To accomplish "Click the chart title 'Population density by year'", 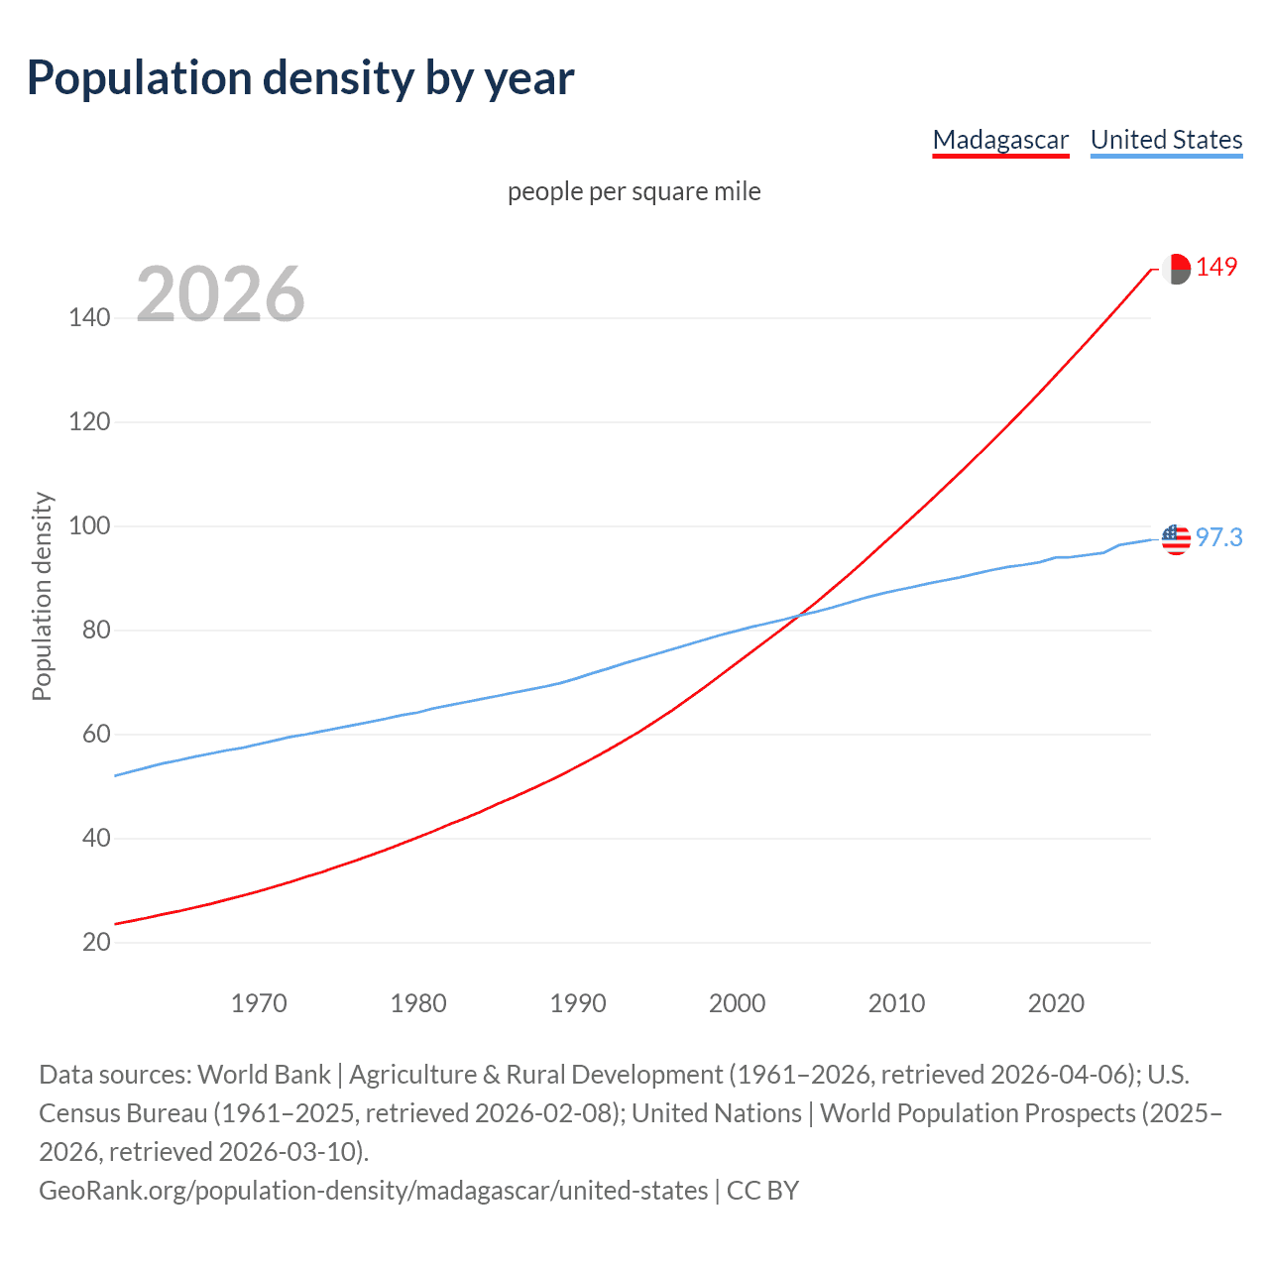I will (300, 78).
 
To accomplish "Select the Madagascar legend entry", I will (1000, 140).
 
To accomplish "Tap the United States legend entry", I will (1166, 140).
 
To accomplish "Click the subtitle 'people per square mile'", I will (634, 191).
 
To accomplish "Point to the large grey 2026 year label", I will (220, 294).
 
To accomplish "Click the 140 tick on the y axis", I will (89, 318).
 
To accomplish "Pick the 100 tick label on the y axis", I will (89, 526).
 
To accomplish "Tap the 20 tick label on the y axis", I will (96, 943).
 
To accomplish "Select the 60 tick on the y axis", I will (96, 735).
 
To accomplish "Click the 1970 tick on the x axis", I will (259, 1003).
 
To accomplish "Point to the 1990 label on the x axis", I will (578, 1003).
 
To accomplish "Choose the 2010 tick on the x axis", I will (896, 1003).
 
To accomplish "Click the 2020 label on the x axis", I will (1056, 1003).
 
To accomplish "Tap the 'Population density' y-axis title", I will (42, 597).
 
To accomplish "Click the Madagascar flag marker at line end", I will (1176, 269).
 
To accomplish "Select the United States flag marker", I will (1176, 539).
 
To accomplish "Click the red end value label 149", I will (1216, 268).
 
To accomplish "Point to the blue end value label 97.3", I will (1218, 537).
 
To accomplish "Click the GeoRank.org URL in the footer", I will (373, 1190).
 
